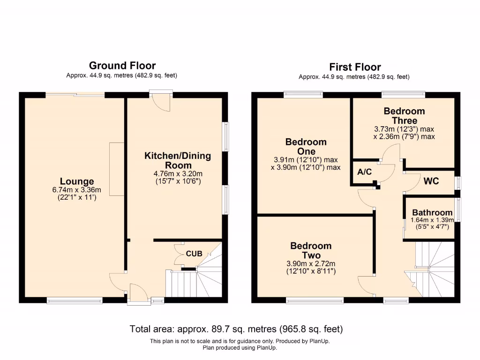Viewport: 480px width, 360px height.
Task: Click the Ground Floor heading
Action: (x=122, y=66)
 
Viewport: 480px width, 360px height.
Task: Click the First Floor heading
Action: (x=355, y=67)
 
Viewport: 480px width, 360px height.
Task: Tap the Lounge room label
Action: (x=77, y=181)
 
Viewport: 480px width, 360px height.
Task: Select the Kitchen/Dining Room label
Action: (x=178, y=160)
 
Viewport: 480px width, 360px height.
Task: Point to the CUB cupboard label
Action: (x=194, y=254)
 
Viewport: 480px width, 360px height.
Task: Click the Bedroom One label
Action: (x=306, y=147)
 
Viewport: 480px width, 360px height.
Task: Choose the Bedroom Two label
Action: (x=311, y=250)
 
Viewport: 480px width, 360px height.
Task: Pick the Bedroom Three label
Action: (x=404, y=116)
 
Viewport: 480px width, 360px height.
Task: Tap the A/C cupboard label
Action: (x=364, y=172)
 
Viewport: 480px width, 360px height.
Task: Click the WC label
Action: (x=431, y=181)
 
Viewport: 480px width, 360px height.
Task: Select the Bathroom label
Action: (x=432, y=212)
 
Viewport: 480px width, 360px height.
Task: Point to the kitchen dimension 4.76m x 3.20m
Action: (x=178, y=173)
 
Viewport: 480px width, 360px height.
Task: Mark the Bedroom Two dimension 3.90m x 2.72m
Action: (x=311, y=263)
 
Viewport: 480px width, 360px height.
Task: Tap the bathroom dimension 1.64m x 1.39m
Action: (x=432, y=220)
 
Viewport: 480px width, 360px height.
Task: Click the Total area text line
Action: (x=240, y=329)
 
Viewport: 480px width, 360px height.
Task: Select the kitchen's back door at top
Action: (x=161, y=101)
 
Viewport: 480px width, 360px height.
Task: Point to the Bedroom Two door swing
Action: (x=366, y=285)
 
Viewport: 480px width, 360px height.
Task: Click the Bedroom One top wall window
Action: (x=303, y=95)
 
